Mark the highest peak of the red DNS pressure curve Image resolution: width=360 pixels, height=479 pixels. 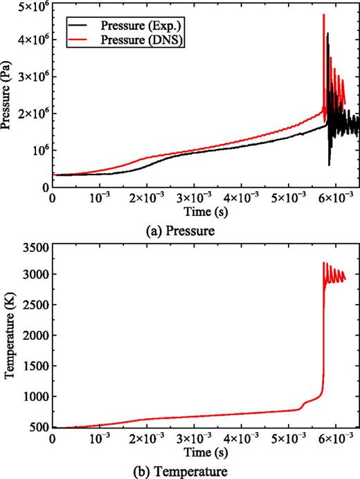324,15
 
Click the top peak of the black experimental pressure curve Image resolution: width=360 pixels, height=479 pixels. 327,33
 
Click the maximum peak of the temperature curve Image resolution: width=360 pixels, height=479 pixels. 324,263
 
